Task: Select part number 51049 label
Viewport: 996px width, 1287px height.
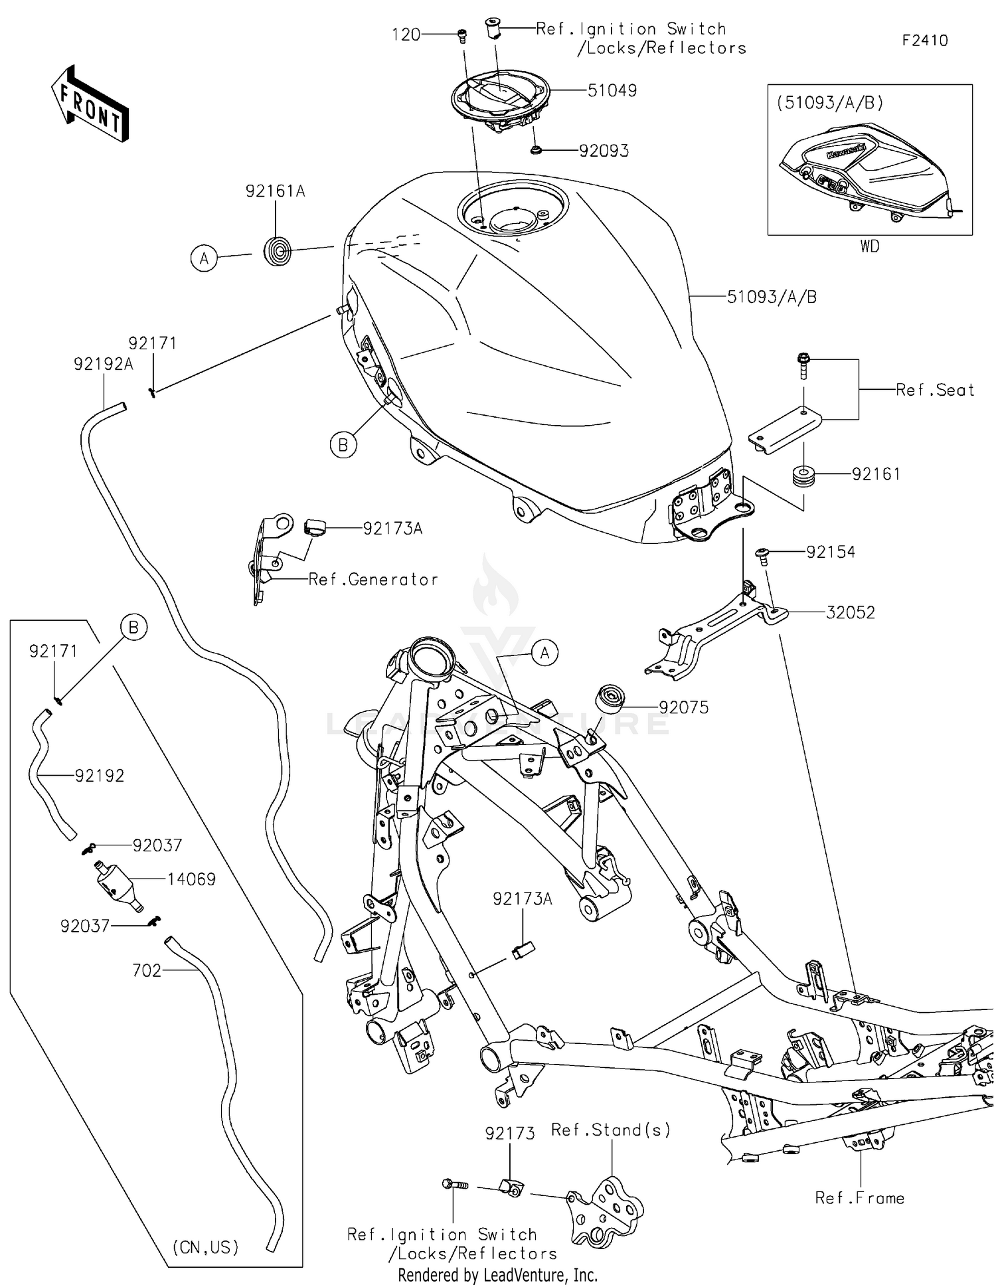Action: pos(612,90)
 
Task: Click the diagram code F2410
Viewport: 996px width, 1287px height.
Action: pos(924,41)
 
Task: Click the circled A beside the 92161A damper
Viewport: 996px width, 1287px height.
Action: pos(204,258)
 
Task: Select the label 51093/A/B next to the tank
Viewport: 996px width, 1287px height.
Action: pos(772,297)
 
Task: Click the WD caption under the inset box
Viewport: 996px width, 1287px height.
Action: pos(869,246)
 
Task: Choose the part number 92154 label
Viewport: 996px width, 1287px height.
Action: pos(830,553)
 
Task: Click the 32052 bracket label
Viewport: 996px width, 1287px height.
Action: pos(850,612)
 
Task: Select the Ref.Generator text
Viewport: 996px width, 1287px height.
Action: pos(373,580)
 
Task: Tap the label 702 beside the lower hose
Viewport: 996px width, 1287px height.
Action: pos(147,971)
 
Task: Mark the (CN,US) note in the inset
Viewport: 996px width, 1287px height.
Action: pos(205,1247)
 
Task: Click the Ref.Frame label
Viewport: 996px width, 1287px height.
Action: pos(859,1198)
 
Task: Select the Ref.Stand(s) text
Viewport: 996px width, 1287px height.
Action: pos(610,1130)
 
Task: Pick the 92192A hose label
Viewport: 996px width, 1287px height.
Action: pos(104,364)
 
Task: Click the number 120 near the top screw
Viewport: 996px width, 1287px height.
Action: pos(406,35)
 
